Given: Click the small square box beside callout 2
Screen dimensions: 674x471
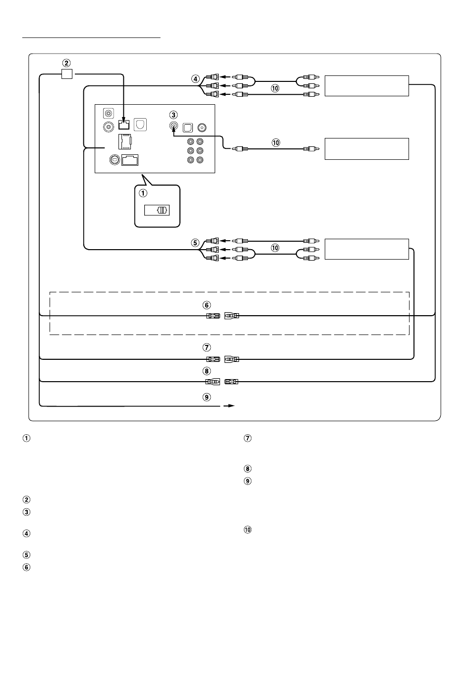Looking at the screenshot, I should (x=66, y=74).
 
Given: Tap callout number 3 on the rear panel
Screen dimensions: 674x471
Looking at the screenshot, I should (x=173, y=115).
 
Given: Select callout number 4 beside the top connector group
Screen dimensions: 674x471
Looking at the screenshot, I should (x=195, y=78).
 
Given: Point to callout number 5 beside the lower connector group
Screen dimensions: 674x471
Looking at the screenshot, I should (x=195, y=243).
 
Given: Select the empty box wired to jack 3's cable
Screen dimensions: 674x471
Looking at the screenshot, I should (x=366, y=148).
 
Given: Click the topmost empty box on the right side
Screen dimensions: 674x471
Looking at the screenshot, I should (x=366, y=86).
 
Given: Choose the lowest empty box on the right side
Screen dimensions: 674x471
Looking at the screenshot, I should (x=366, y=249).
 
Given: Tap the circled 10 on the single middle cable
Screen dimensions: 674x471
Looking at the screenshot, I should (x=276, y=142).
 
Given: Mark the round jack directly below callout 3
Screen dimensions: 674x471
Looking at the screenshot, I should (x=173, y=127).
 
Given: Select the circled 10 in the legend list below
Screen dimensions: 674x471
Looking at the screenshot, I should (x=248, y=530).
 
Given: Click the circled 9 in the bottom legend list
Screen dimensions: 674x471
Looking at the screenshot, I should (x=248, y=481).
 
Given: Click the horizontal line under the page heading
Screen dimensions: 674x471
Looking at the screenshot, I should (x=92, y=37).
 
